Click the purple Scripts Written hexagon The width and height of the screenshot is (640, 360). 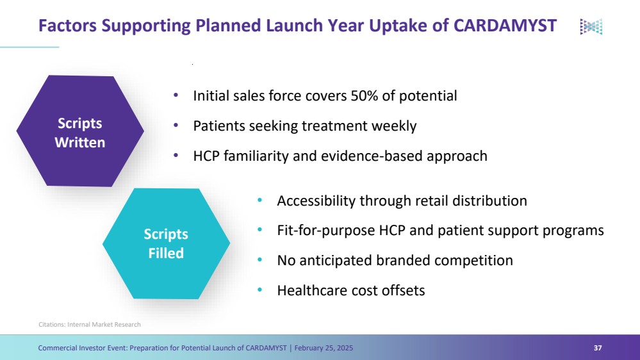pos(80,131)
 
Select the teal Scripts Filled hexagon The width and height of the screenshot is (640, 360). pos(166,243)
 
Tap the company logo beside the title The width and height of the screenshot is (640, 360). pos(591,26)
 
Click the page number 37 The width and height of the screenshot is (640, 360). pos(598,348)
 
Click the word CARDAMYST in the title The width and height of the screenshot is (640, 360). pos(505,26)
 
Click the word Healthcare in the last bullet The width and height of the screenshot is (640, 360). pos(312,291)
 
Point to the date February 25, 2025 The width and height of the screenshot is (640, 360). pos(324,348)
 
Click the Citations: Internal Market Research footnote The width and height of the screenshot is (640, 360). pos(90,325)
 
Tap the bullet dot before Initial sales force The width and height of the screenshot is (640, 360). pos(176,95)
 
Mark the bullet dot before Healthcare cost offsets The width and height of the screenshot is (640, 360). pos(260,290)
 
